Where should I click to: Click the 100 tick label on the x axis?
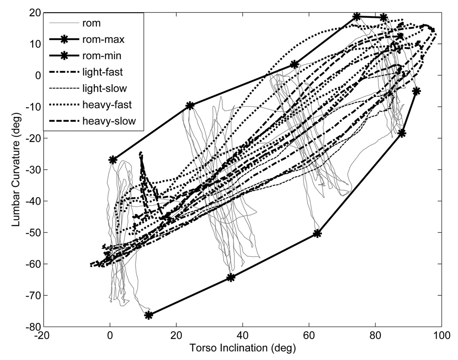click(x=441, y=335)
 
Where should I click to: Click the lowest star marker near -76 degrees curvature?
click(x=149, y=315)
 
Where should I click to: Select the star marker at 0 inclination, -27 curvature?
click(x=113, y=160)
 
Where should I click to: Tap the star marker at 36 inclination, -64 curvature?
click(x=231, y=278)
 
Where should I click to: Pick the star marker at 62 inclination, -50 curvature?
click(x=318, y=233)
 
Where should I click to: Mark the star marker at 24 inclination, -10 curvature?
click(x=190, y=106)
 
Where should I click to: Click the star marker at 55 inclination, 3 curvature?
click(x=294, y=64)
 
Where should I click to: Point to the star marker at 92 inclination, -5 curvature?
click(x=416, y=91)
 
